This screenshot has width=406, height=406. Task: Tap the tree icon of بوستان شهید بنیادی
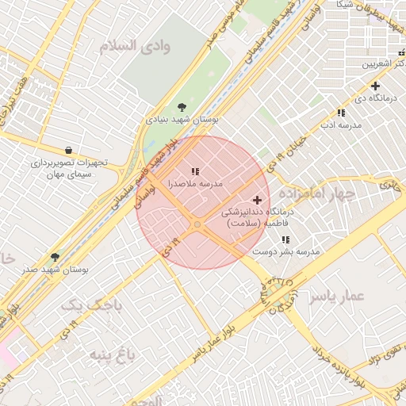[x=184, y=106]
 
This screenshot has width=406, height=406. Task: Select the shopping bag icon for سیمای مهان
[x=68, y=150]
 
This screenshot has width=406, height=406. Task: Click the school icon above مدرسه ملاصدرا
[x=195, y=171]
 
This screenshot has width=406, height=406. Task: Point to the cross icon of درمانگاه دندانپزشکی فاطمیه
[x=256, y=201]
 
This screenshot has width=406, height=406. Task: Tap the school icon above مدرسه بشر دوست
[x=285, y=239]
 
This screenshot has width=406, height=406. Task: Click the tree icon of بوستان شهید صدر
[x=55, y=257]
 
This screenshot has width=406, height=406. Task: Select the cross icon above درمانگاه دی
[x=375, y=86]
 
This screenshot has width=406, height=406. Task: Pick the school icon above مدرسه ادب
[x=341, y=113]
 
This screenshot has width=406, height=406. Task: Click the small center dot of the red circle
[x=197, y=225]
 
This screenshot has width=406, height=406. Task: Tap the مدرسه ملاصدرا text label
[x=195, y=183]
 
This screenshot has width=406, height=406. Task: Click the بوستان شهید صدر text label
[x=55, y=270]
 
